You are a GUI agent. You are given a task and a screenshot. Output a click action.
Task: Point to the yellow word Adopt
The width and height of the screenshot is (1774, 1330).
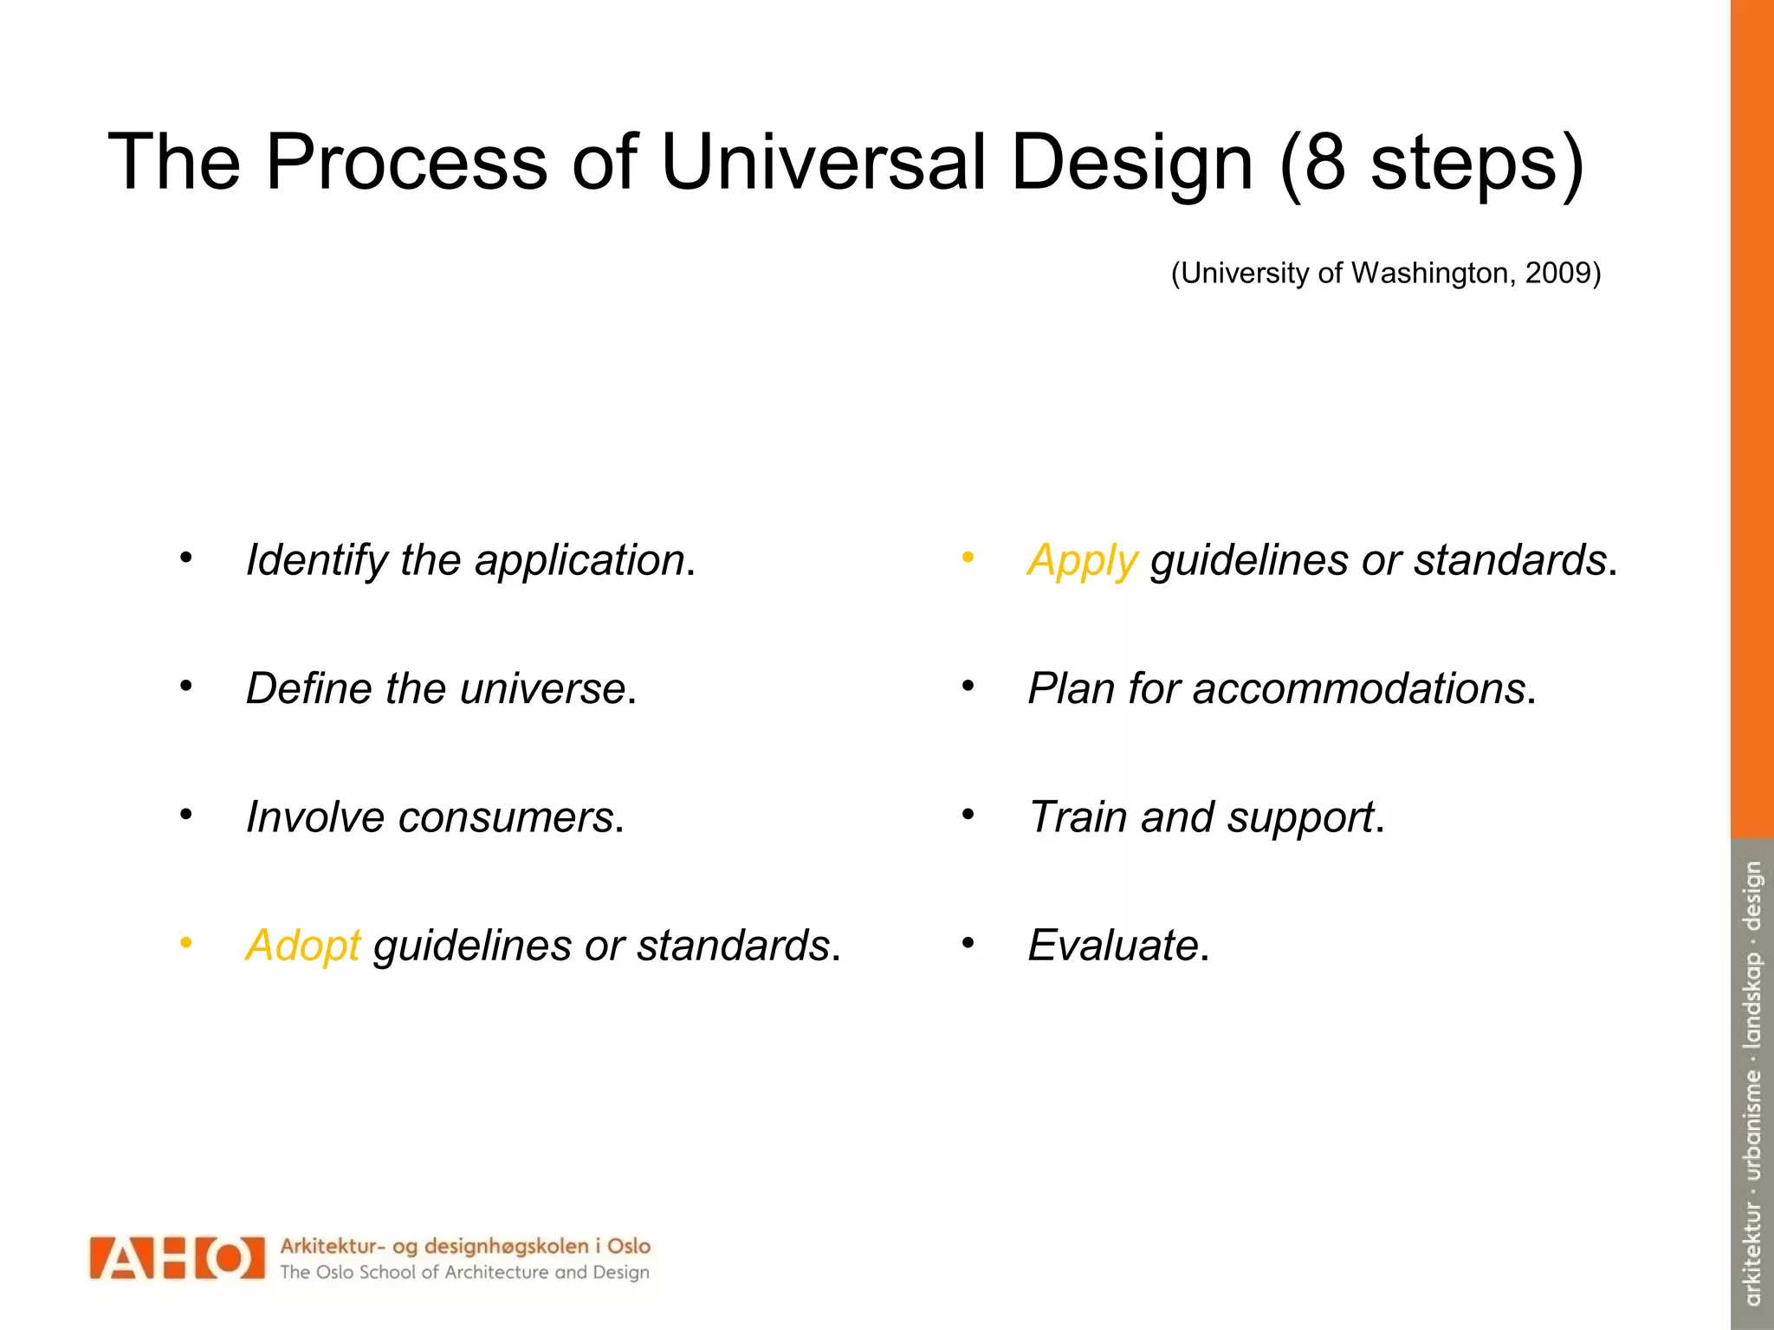302,945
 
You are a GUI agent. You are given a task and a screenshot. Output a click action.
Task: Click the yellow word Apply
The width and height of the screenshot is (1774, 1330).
1082,560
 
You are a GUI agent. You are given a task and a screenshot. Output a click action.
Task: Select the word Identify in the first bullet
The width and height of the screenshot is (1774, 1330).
317,560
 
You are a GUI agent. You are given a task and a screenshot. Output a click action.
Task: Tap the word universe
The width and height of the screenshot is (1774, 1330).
542,688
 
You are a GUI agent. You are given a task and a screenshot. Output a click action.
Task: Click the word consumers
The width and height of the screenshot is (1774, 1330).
506,817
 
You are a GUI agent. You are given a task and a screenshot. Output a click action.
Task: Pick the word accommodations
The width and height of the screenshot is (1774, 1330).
1358,688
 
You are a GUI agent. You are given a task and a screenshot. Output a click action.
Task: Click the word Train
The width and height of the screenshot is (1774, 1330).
1078,817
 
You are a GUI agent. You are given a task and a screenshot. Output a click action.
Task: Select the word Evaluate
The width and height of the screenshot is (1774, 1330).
1112,945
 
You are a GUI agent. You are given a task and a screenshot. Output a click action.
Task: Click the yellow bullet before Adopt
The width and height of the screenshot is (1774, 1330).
185,942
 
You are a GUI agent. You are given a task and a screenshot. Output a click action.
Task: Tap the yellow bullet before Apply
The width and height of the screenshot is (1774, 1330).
968,558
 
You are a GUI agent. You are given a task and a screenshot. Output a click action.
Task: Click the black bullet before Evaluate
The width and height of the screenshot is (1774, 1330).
968,942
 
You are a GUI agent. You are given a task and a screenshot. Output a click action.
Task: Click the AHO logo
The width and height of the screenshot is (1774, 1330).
177,1257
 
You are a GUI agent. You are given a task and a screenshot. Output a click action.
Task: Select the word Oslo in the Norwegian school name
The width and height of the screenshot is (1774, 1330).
628,1246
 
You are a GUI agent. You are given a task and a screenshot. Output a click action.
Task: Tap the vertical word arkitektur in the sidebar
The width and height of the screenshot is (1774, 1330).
1752,1253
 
